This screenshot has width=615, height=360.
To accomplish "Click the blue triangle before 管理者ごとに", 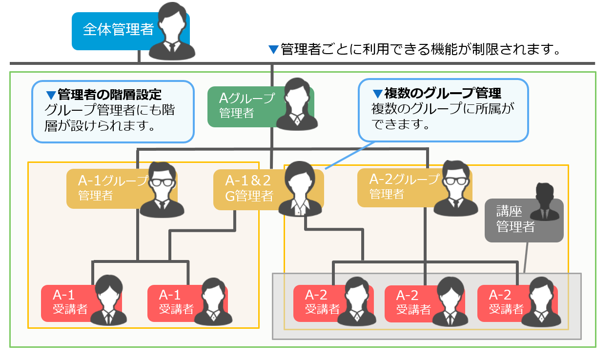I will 273,49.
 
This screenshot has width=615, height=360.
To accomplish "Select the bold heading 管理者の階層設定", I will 110,94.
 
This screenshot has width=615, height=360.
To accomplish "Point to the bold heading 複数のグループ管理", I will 442,93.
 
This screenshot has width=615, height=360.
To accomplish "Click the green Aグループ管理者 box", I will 242,106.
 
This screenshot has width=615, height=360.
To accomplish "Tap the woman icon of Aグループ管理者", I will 296,105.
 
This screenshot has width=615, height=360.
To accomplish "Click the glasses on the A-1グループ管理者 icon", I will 161,182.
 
